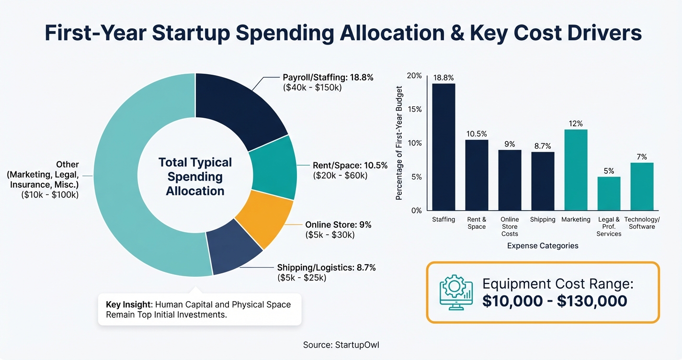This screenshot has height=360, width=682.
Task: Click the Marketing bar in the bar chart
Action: pos(576,170)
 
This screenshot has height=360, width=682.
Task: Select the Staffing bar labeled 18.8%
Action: pos(443,147)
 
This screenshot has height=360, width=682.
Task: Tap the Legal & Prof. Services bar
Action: pos(609,193)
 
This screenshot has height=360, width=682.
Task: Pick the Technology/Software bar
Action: pos(642,187)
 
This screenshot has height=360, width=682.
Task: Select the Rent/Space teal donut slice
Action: pos(273,168)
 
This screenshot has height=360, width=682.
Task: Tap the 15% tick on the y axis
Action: pos(414,110)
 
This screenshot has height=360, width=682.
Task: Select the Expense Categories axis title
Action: pos(542,246)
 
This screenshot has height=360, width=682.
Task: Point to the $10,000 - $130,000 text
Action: pos(555,301)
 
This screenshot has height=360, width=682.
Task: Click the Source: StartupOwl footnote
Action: pos(341,345)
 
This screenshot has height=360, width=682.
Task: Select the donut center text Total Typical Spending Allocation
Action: pos(195,177)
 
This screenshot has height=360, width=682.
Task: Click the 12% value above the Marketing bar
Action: pos(576,124)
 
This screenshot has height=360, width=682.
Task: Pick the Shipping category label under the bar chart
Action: pos(543,219)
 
